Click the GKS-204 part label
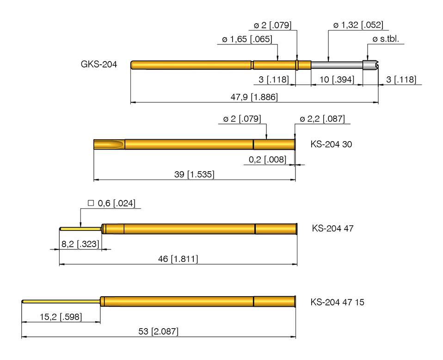coord(98,64)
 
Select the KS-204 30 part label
coord(331,144)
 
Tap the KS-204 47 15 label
coord(337,302)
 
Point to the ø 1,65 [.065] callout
coord(247,40)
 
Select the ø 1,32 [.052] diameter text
coord(358,25)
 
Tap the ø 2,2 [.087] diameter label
coord(322,119)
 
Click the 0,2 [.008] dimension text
coord(267,160)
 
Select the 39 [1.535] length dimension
coord(194,174)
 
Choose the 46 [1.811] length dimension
coord(178,260)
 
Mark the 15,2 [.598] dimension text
coord(61,317)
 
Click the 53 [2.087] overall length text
coord(158,332)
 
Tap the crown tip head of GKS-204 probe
coord(370,65)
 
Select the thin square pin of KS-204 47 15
coord(60,302)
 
